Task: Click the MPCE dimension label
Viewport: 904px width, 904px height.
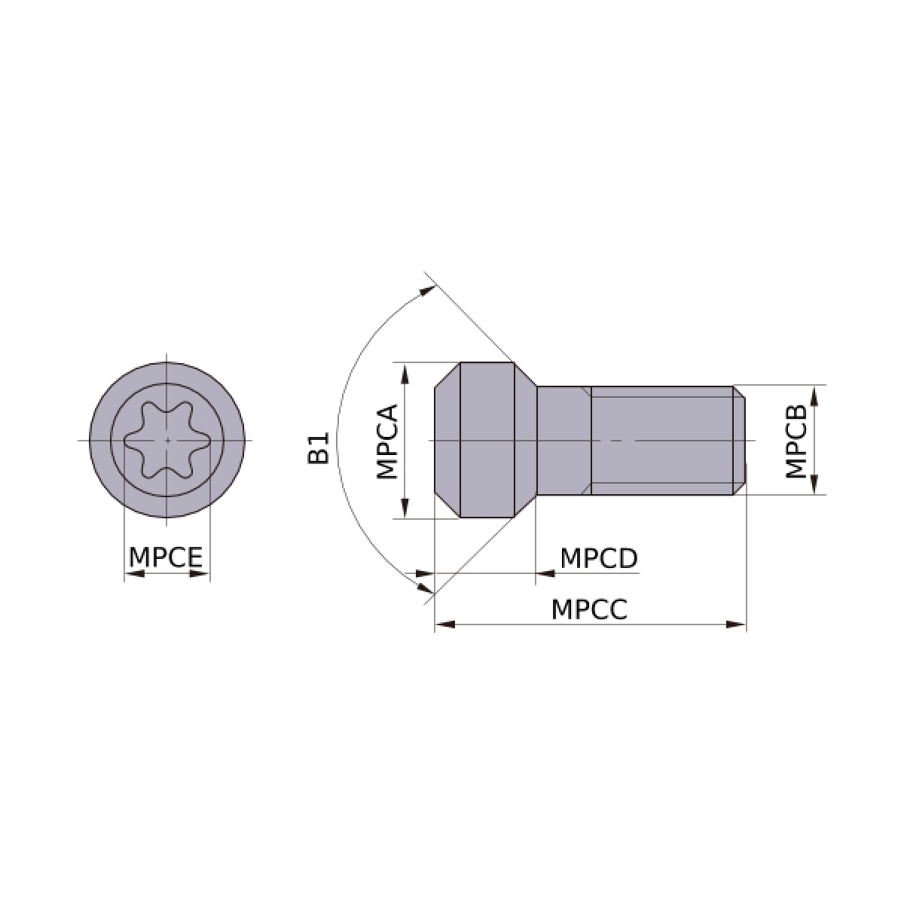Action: click(x=166, y=557)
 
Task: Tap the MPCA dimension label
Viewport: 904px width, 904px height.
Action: click(x=387, y=441)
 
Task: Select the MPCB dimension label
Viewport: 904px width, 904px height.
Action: click(x=796, y=441)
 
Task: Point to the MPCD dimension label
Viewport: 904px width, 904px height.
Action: click(x=599, y=558)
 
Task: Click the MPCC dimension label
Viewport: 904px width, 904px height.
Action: click(x=589, y=610)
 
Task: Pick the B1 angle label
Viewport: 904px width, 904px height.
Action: click(x=319, y=448)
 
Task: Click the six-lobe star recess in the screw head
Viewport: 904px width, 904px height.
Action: click(x=167, y=440)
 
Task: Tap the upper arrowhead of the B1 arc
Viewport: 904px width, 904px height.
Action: click(x=427, y=290)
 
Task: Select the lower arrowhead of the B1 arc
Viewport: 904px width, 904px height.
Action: click(x=426, y=588)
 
